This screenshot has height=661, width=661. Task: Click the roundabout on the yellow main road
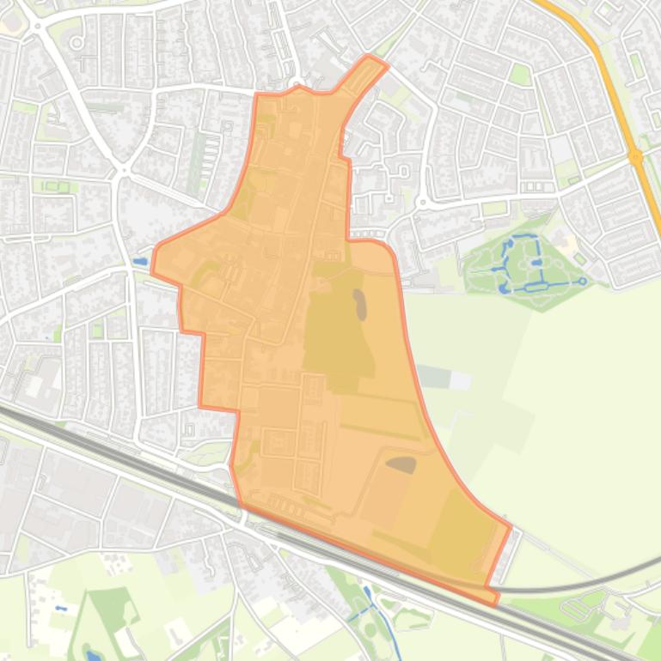635,157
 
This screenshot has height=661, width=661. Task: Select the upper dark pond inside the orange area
359,304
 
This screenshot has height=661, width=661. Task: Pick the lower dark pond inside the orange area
401,464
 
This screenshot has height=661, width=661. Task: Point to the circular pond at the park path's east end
582,281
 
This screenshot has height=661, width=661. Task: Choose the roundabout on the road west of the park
422,203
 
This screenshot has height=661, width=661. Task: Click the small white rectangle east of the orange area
460,379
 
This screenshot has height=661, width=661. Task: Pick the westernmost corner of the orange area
153,272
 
